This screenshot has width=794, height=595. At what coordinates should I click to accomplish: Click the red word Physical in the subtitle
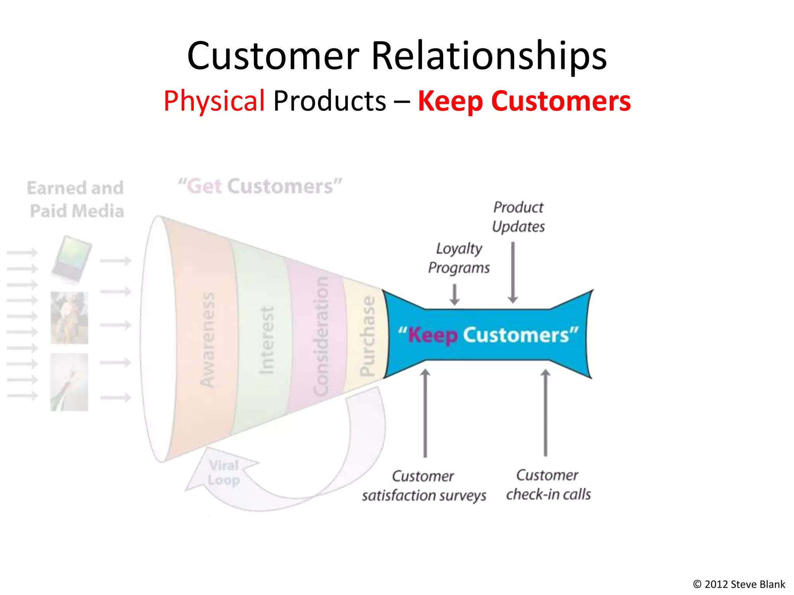coord(214,101)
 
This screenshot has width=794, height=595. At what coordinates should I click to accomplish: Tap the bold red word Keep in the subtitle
coord(451,101)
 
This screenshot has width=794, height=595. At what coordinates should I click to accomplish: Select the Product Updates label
coord(518,217)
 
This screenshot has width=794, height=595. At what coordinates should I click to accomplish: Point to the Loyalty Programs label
coord(459,258)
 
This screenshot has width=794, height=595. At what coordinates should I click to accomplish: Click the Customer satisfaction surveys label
coord(424,486)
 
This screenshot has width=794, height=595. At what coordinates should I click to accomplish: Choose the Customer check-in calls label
coord(548,485)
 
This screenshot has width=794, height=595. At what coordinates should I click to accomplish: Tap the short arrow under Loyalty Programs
coord(454,295)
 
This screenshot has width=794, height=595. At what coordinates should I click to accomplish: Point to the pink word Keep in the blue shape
coord(433,335)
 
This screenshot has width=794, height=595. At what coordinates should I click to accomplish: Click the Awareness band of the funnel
coord(207,339)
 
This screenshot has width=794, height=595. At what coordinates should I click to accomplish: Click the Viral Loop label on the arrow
coord(224,473)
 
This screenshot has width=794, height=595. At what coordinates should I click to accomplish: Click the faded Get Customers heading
coord(260,186)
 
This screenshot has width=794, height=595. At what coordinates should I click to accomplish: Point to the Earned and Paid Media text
coord(76,199)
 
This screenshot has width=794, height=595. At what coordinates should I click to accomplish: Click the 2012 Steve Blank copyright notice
coord(739,584)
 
